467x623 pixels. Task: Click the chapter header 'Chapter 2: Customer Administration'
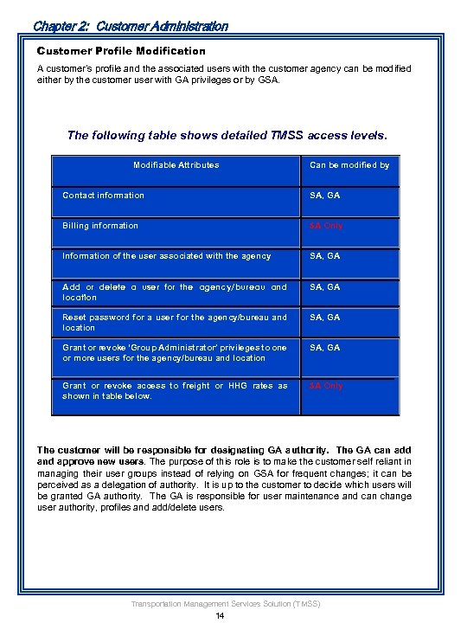pos(131,26)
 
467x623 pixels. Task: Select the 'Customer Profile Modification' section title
pos(121,51)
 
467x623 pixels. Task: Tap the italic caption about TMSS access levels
pos(227,135)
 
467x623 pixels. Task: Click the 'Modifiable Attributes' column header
pos(176,164)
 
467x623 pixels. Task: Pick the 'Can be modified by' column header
pos(349,164)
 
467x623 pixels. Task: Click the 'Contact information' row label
pos(103,195)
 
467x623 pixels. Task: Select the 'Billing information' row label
pos(100,226)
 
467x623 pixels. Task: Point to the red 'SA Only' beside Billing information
pos(326,226)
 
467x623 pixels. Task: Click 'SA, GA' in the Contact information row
pos(325,195)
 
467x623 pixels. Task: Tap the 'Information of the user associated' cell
pos(167,256)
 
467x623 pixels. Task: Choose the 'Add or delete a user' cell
pos(174,292)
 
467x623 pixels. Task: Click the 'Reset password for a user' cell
pos(174,322)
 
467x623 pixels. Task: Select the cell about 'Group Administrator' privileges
pos(174,352)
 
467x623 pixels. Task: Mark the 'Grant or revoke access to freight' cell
pos(174,390)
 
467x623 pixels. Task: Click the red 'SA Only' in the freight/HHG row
pos(326,386)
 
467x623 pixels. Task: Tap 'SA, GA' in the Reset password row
pos(325,317)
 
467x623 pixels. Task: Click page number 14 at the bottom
pos(221,615)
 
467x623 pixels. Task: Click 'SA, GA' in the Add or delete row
pos(325,286)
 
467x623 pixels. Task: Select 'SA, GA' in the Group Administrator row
pos(325,347)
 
